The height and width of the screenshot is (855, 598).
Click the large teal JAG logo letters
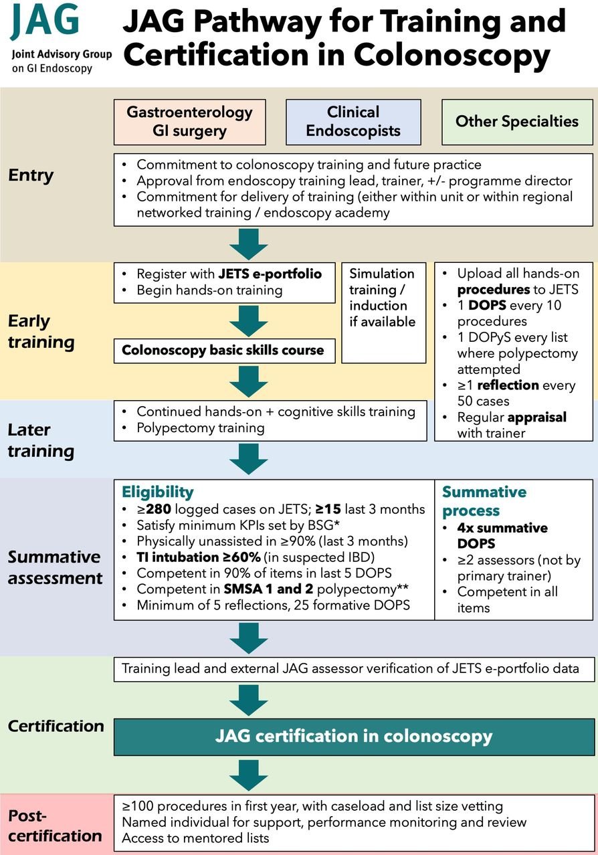(x=45, y=20)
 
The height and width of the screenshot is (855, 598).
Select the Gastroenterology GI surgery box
(x=190, y=122)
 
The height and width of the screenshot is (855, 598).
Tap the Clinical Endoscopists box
(x=353, y=122)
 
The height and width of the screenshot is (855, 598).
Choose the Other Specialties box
(x=517, y=122)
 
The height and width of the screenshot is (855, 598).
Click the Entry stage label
(x=31, y=175)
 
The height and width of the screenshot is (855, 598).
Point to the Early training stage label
(x=41, y=332)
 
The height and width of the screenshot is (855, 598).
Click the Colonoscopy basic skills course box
(x=224, y=351)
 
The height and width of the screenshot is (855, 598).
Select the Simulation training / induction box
(x=383, y=312)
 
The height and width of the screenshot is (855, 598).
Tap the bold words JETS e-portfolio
(x=270, y=274)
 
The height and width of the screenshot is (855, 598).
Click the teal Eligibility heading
(x=158, y=492)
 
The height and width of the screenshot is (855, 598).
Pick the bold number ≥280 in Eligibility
(x=154, y=509)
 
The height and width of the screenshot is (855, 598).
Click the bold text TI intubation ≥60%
(x=199, y=557)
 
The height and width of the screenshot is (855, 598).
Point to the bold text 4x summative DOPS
(x=502, y=535)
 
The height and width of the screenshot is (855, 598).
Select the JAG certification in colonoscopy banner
(x=354, y=737)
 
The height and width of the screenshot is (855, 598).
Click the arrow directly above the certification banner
(x=249, y=700)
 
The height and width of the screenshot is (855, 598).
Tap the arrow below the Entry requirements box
(x=249, y=244)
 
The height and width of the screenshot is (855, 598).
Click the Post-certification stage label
(x=55, y=825)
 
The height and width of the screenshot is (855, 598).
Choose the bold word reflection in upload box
(x=508, y=385)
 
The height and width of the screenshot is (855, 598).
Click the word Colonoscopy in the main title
(x=452, y=55)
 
